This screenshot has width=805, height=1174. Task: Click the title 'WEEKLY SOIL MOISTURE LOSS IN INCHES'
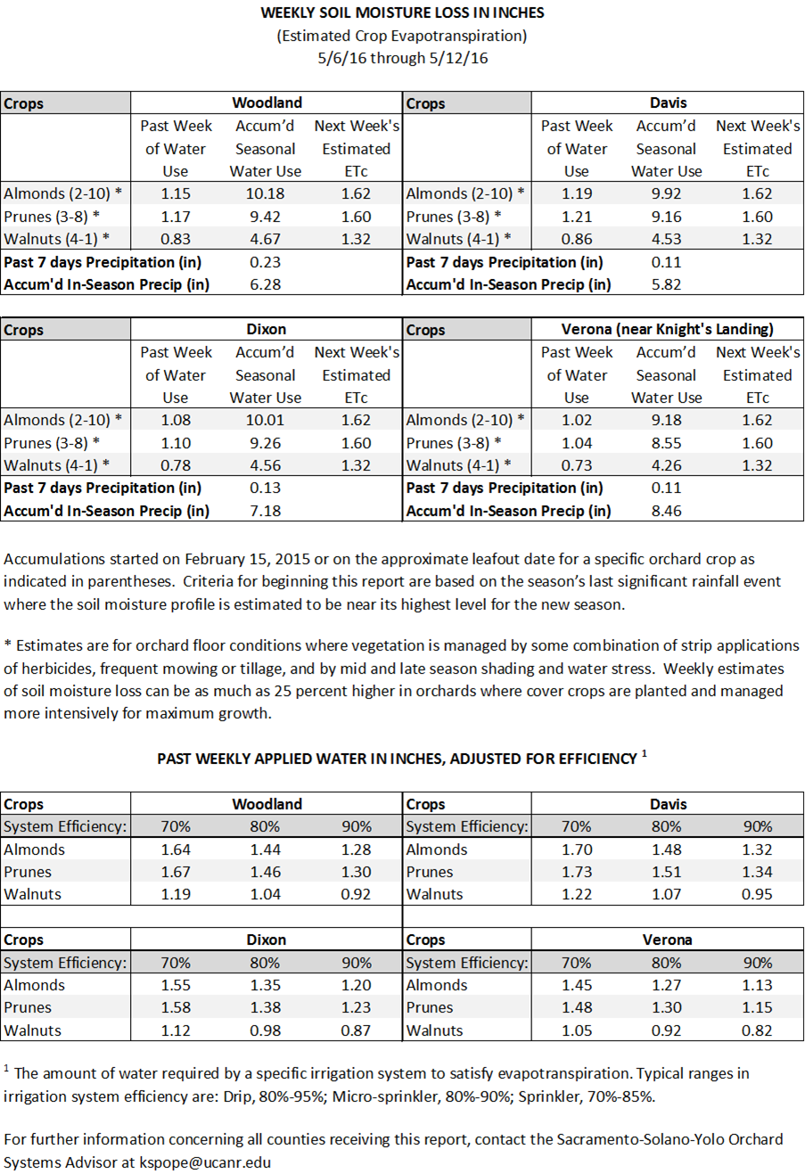tap(402, 12)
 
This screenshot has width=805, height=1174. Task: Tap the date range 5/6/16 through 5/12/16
tap(402, 59)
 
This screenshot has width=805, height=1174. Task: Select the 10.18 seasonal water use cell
tap(266, 193)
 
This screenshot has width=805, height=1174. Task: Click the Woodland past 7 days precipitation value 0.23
tap(266, 262)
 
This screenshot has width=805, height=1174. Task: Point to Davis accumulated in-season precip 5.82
tap(666, 284)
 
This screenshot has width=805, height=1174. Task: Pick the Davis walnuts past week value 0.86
tap(577, 239)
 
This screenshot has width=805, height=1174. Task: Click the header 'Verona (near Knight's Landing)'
tap(667, 330)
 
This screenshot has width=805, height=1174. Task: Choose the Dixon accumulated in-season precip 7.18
tap(266, 511)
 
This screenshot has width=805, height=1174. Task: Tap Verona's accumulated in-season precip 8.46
tap(666, 511)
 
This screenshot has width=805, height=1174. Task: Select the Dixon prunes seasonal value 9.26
tap(266, 443)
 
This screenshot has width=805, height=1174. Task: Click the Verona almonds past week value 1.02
tap(577, 420)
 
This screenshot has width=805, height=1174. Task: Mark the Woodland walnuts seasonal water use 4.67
tap(266, 239)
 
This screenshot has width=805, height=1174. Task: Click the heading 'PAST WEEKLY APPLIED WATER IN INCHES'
tap(397, 759)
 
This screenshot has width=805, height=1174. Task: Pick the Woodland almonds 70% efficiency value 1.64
tap(176, 850)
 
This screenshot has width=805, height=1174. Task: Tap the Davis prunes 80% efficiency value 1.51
tap(666, 872)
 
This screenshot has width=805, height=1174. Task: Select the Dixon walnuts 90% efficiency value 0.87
tap(356, 1030)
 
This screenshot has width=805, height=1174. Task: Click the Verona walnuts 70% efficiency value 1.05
tap(577, 1030)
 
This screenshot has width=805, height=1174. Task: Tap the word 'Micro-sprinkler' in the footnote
tap(385, 1096)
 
